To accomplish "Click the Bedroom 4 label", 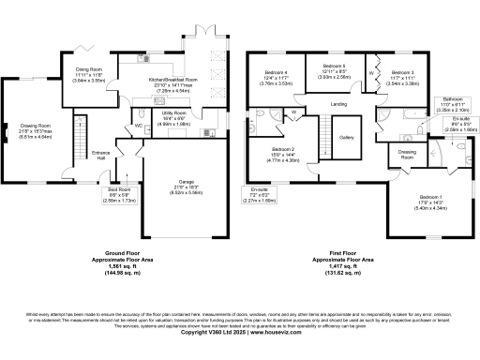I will point(275,73).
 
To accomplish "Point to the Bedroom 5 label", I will point(330,67).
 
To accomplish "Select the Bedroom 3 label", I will point(402,72).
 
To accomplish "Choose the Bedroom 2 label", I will point(284,150).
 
